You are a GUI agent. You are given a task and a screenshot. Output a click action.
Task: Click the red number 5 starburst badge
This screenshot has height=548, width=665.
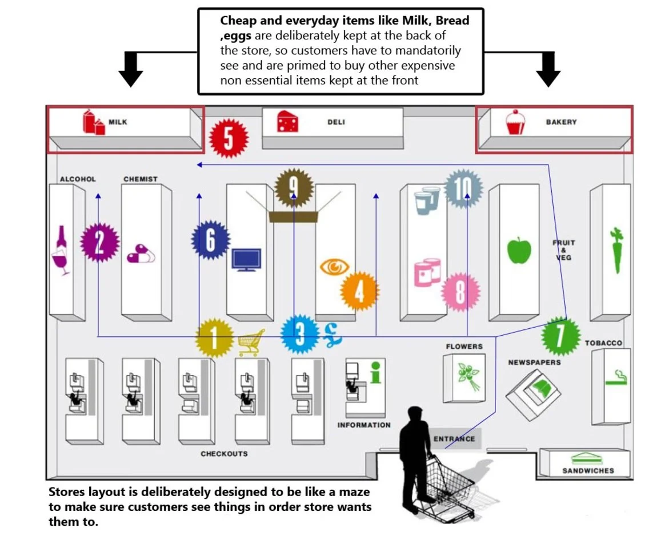229,138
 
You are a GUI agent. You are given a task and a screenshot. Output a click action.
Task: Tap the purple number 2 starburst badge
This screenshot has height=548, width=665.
99,243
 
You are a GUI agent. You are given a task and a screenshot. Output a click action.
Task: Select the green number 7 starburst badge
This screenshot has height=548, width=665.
560,336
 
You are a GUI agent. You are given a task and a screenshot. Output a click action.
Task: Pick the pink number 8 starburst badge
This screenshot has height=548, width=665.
460,292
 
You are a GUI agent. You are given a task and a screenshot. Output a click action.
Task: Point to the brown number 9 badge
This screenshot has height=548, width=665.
294,186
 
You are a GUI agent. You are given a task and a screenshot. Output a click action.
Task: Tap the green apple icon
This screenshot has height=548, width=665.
519,250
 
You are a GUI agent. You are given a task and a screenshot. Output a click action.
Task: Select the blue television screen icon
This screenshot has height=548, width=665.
246,259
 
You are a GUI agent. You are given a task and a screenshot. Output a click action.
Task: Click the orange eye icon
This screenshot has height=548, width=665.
335,267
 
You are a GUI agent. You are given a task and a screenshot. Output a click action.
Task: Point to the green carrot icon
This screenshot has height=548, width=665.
616,251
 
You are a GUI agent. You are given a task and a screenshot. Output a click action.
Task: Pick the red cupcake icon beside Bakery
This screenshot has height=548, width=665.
515,122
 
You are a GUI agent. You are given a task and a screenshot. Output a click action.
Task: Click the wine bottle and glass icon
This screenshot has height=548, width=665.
61,251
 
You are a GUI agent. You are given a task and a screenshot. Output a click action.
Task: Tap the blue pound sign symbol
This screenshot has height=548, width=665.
332,335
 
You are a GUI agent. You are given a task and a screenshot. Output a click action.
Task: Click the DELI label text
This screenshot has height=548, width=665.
336,122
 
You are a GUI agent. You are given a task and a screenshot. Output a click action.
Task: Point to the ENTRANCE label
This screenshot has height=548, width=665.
454,439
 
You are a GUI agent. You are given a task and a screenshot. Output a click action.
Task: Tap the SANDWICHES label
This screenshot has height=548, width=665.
588,471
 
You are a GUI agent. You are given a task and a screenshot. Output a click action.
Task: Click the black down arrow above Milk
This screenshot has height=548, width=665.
131,69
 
